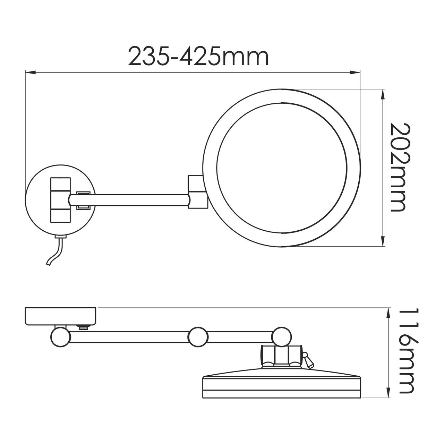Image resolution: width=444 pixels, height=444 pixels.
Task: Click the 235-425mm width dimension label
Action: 198,57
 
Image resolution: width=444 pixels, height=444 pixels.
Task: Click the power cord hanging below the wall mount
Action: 55,251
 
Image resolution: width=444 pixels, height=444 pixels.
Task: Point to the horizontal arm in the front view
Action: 139,200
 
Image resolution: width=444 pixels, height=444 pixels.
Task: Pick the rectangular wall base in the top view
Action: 61,316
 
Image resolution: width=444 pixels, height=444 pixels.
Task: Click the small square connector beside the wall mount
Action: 84,200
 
